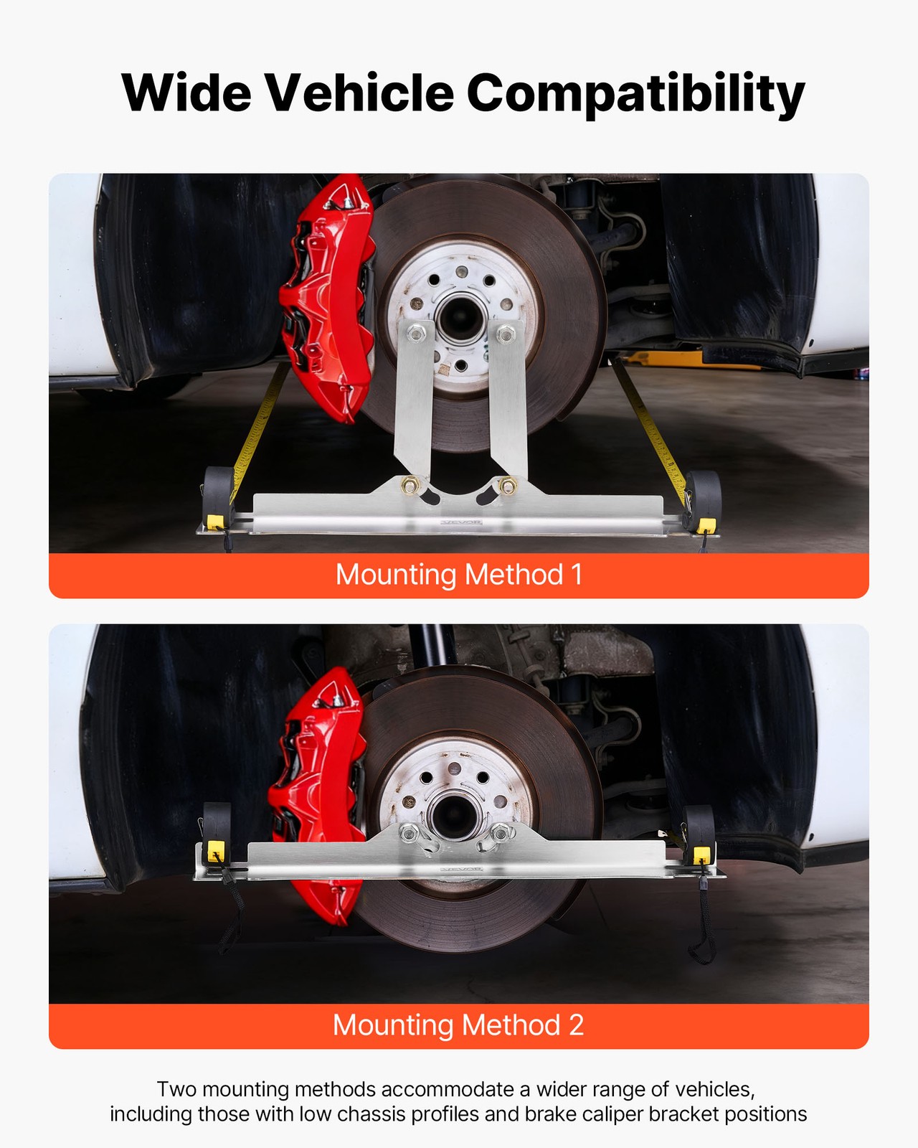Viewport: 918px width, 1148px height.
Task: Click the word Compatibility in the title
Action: (635, 93)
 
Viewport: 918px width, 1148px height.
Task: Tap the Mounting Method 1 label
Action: (458, 575)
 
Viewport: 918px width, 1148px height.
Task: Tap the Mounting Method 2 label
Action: (458, 1025)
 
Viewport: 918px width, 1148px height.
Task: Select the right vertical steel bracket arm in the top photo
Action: (508, 402)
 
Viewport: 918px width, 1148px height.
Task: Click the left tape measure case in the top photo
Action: (218, 495)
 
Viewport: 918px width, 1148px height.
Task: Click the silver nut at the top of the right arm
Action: (505, 333)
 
